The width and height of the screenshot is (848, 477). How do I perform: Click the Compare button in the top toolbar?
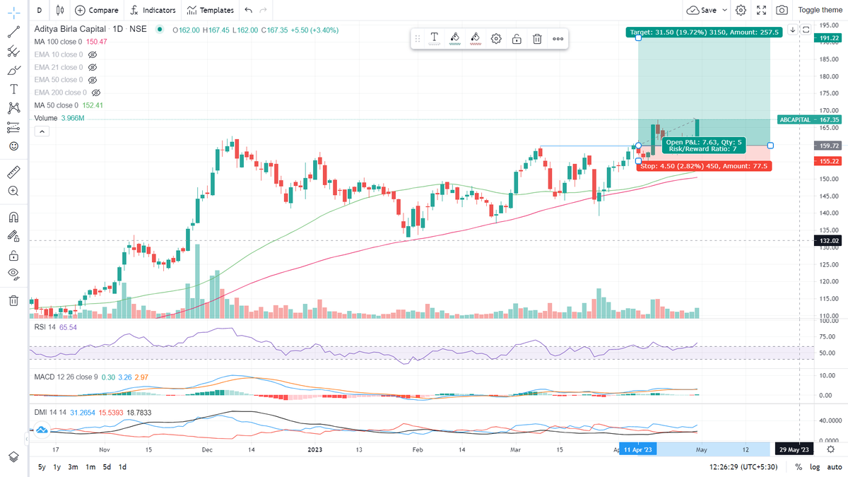(x=97, y=11)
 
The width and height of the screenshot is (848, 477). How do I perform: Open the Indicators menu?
(x=153, y=11)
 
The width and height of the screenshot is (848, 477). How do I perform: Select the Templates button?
(x=210, y=11)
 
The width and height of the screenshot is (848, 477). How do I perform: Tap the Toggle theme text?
(x=820, y=11)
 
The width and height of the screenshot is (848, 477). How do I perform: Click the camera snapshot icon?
(x=782, y=11)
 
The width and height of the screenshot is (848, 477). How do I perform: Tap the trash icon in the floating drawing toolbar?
(x=537, y=39)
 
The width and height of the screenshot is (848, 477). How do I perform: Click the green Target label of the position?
(x=703, y=32)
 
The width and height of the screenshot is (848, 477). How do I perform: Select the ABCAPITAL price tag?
(x=799, y=120)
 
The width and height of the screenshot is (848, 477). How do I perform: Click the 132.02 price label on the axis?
(x=829, y=241)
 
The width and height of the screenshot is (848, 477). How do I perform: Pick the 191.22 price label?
(x=829, y=40)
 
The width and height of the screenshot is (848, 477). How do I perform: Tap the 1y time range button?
(x=57, y=467)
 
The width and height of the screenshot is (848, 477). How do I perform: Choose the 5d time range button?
(x=106, y=467)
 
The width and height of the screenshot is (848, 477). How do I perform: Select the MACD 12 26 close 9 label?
(x=65, y=377)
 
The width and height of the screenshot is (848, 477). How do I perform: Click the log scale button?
(x=814, y=467)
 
